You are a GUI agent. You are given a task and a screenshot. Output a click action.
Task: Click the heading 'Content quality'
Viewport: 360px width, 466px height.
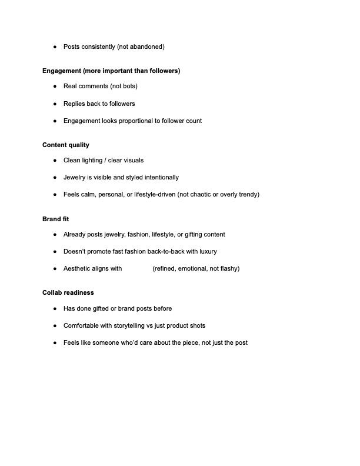pos(66,145)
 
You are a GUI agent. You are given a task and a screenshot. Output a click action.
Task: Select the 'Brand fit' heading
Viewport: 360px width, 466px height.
pos(56,219)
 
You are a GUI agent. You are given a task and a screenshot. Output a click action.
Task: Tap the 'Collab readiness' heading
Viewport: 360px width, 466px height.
pos(68,292)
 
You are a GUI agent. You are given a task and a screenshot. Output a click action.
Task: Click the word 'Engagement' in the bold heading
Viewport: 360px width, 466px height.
pos(62,71)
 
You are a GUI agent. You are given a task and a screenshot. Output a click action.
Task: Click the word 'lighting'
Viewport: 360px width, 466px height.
pos(94,160)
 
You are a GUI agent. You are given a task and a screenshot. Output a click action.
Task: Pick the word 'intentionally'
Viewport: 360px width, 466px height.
pos(159,177)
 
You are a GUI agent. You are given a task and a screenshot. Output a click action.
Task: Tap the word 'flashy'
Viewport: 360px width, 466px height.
pos(227,268)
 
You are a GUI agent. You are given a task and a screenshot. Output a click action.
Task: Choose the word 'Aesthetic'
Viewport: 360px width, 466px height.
pos(78,268)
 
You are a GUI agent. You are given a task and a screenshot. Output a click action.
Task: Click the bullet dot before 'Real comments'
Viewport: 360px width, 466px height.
pos(55,86)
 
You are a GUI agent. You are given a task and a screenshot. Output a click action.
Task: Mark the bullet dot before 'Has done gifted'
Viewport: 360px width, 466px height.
pos(55,309)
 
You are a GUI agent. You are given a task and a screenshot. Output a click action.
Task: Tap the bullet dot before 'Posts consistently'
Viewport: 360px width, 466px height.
pos(55,47)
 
